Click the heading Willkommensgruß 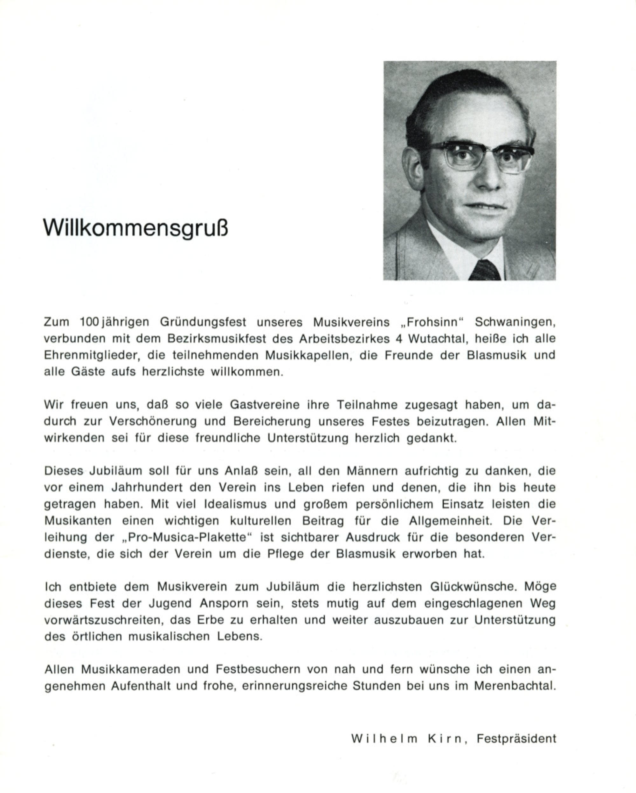point(135,229)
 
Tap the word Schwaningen point(515,322)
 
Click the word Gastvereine point(264,405)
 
